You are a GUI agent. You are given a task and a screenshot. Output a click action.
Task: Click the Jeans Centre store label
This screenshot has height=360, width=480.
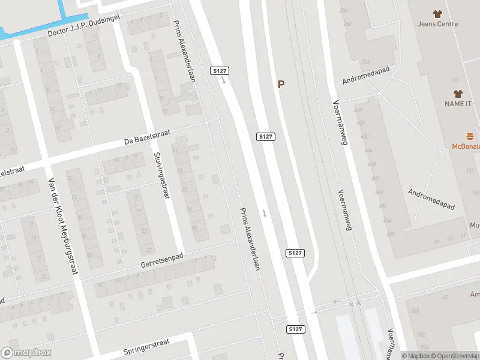(438, 24)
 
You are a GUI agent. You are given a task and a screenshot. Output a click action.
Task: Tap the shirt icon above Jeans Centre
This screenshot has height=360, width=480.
(438, 13)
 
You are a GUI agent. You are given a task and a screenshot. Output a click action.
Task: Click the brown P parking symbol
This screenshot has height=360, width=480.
(281, 85)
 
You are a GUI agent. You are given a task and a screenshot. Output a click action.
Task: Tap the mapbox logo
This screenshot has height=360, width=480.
(26, 353)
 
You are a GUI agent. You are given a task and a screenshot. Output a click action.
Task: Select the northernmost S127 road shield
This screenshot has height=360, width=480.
(220, 71)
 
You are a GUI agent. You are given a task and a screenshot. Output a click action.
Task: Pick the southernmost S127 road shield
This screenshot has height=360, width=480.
(295, 329)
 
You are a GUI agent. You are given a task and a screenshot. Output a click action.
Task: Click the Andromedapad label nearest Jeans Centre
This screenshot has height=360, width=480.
(366, 79)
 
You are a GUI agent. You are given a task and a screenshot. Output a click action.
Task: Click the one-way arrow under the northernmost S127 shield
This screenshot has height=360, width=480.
(223, 80)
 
